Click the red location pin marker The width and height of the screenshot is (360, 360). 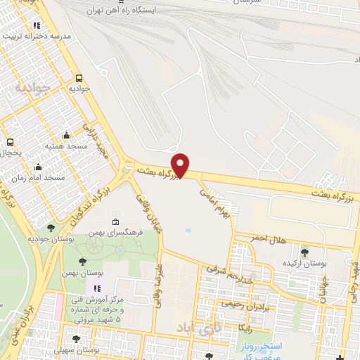pos(181,165)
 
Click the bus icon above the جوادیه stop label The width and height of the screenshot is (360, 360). pos(78,79)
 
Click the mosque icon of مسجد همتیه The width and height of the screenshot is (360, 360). pos(66,135)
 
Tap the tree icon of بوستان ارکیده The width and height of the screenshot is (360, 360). pos(304,252)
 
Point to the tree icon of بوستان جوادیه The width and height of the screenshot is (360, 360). pos(51,228)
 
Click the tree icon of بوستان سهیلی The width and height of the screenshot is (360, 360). pos(75,340)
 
